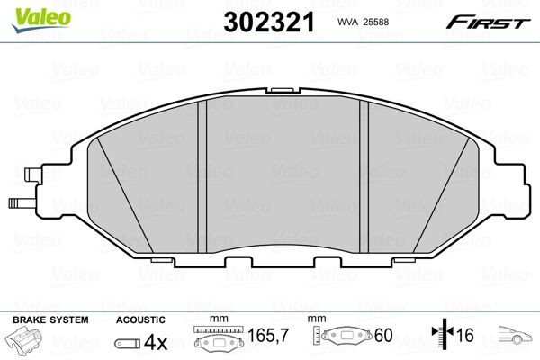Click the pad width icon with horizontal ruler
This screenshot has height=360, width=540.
[x=217, y=341]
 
